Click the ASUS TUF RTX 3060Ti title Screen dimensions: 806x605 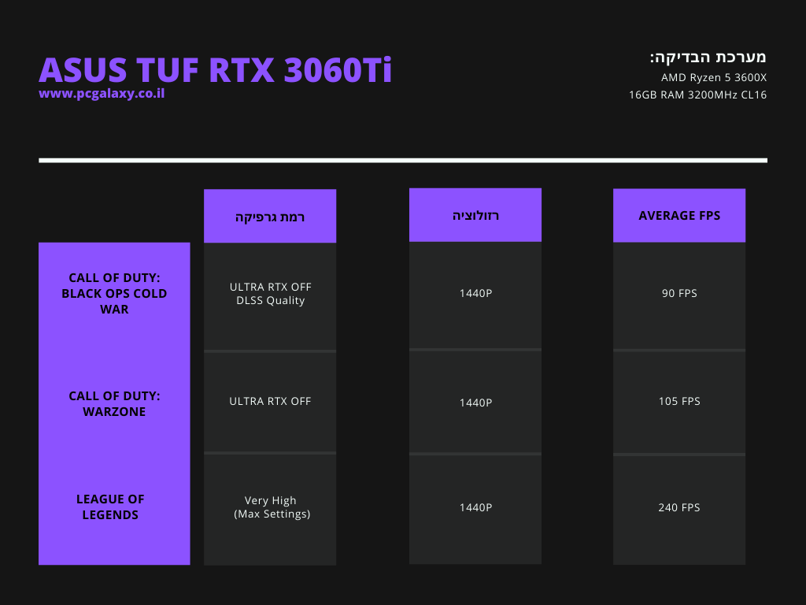(x=216, y=69)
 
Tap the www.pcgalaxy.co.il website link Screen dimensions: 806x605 (x=102, y=94)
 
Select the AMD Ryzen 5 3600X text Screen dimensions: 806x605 (x=713, y=78)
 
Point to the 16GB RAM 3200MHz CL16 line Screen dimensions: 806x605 (x=697, y=95)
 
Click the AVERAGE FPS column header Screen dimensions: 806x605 (x=679, y=216)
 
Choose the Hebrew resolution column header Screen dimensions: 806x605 (x=475, y=216)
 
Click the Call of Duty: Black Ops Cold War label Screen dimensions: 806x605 (x=114, y=293)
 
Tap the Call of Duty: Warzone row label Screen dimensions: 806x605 (x=114, y=403)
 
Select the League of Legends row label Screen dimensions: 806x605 (x=110, y=507)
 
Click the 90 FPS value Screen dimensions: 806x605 (x=679, y=293)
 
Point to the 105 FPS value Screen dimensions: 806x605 (x=679, y=401)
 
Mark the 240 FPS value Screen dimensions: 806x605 (x=679, y=507)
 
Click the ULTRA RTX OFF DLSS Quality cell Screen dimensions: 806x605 (x=271, y=293)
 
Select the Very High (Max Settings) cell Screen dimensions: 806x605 (x=272, y=507)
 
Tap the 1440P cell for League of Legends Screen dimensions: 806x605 (x=475, y=507)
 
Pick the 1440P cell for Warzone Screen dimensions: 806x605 (x=475, y=403)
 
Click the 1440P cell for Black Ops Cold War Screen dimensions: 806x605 (x=475, y=293)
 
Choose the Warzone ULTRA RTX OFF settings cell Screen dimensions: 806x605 (x=271, y=401)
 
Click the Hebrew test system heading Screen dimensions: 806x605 (x=708, y=57)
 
